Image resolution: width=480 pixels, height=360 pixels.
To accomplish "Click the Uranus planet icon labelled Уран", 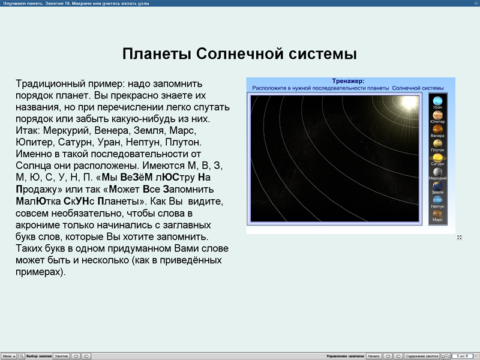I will [x=438, y=101].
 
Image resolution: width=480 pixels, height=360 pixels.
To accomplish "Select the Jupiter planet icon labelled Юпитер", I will [x=438, y=115].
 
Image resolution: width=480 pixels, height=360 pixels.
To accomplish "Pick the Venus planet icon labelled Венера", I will [x=438, y=129].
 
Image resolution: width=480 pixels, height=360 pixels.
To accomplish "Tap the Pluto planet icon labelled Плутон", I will [x=438, y=143].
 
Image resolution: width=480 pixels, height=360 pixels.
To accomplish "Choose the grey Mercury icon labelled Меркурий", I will [x=438, y=172].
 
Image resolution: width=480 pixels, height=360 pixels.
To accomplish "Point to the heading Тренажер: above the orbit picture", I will [x=348, y=81].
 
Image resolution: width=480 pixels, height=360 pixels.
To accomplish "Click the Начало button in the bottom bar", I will [x=373, y=356].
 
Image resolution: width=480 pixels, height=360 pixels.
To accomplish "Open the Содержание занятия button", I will [x=422, y=356].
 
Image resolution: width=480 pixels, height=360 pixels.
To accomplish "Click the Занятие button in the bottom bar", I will [x=62, y=356].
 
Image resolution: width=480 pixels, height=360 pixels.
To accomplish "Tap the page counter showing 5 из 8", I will [x=463, y=356].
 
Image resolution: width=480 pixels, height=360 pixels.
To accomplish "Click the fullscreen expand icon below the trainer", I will [x=459, y=238].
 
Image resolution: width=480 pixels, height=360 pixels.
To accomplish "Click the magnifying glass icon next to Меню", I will [x=22, y=356].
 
